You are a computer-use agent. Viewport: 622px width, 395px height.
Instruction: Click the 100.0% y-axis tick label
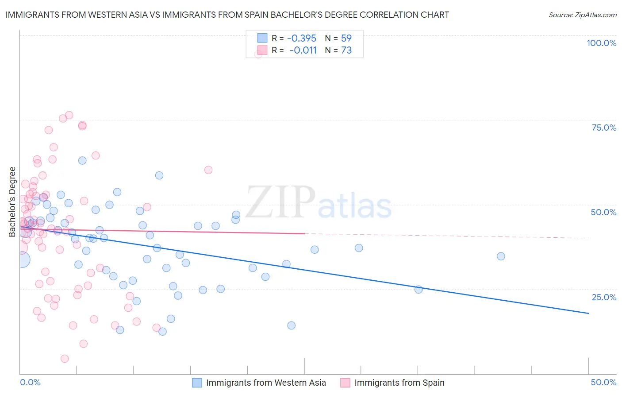(x=601, y=43)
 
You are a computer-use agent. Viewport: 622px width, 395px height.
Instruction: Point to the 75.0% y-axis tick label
(x=604, y=128)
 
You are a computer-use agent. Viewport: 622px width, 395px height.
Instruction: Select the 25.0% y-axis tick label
(x=604, y=297)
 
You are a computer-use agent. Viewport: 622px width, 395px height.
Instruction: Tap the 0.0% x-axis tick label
(x=30, y=382)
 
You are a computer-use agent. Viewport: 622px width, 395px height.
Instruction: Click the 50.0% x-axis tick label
(x=603, y=382)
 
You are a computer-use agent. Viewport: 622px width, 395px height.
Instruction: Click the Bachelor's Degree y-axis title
(x=12, y=201)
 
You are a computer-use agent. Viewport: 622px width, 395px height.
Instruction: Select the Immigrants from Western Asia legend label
(x=266, y=383)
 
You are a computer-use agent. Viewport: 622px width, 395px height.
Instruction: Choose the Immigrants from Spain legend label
(x=399, y=383)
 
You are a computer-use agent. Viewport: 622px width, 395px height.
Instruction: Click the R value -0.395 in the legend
(x=302, y=38)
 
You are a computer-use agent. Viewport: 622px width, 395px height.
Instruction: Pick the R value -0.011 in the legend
(x=303, y=50)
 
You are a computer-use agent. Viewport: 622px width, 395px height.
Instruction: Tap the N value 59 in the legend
(x=346, y=38)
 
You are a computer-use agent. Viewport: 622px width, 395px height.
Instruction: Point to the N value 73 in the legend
(x=346, y=50)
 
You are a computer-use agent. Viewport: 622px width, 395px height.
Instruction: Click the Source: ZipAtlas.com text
(x=582, y=15)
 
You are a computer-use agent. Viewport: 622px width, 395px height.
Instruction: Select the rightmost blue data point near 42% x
(x=501, y=256)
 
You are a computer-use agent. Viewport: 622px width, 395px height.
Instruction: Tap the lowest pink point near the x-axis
(x=65, y=359)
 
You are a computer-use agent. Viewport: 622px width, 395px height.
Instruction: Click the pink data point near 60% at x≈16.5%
(x=208, y=170)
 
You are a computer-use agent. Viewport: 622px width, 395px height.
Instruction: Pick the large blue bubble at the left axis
(x=22, y=259)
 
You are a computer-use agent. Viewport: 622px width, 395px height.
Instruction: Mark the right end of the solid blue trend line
(x=588, y=313)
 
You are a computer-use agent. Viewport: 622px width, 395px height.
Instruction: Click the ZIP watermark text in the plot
(x=280, y=202)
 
